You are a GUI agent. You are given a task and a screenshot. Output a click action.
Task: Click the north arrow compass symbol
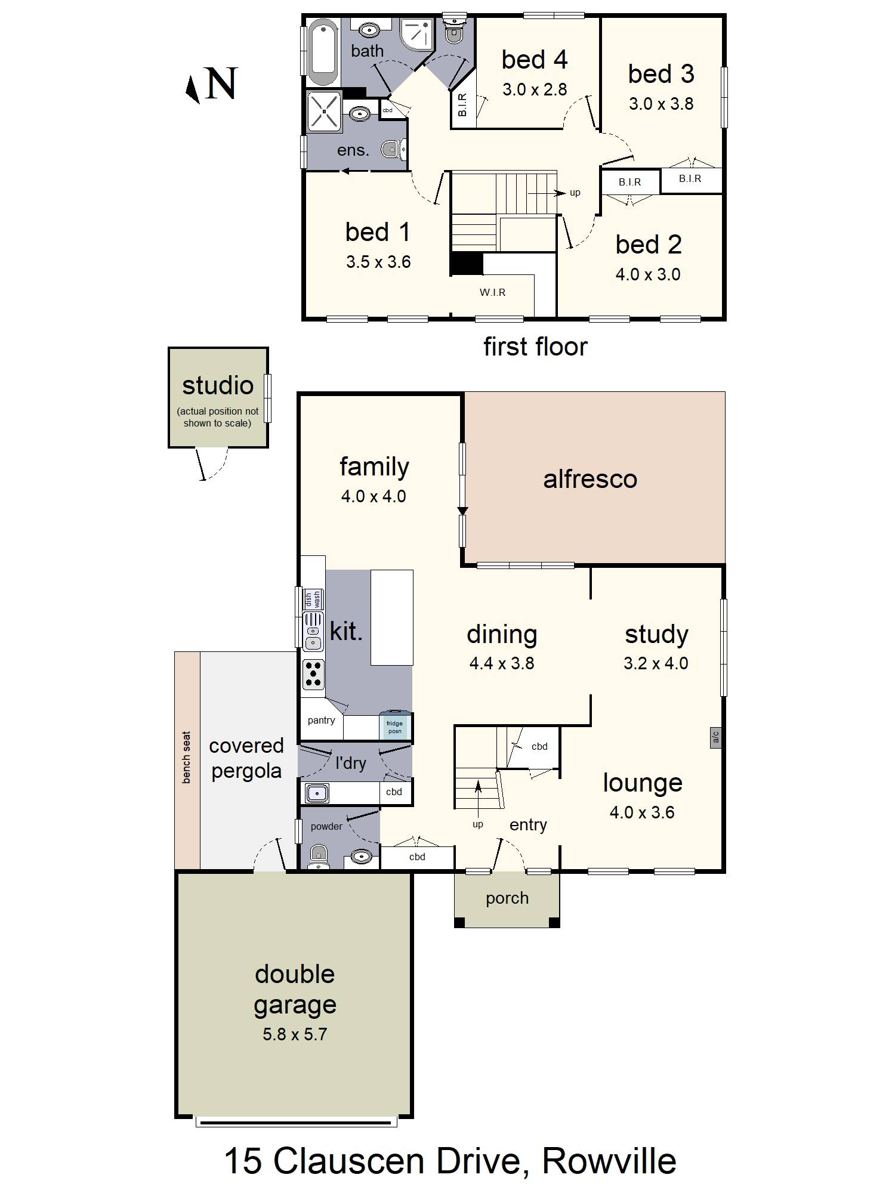(x=192, y=89)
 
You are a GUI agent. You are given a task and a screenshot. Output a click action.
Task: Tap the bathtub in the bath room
(x=323, y=52)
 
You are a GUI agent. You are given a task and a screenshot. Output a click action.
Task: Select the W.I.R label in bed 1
(x=492, y=292)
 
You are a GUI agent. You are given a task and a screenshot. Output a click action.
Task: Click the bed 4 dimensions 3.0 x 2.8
(x=535, y=89)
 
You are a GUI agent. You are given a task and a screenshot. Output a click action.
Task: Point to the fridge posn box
(x=394, y=727)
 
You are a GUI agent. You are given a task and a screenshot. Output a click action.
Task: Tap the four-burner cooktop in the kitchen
(x=313, y=674)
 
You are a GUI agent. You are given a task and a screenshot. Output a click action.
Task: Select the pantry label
(x=321, y=720)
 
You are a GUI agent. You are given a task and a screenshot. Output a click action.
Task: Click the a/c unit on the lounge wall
(x=715, y=737)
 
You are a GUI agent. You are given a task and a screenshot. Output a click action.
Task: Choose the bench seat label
(x=186, y=757)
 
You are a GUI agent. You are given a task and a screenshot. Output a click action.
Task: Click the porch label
(x=507, y=898)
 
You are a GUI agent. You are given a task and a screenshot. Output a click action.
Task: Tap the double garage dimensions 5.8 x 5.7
(x=295, y=1034)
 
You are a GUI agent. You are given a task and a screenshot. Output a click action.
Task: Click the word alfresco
(x=590, y=479)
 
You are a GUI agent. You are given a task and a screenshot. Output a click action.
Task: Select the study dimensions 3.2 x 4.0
(x=656, y=663)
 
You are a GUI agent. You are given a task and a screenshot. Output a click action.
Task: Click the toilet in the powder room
(x=319, y=857)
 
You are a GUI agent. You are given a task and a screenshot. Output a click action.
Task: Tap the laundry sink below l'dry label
(x=317, y=793)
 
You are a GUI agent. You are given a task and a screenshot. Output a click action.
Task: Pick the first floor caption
(x=535, y=347)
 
